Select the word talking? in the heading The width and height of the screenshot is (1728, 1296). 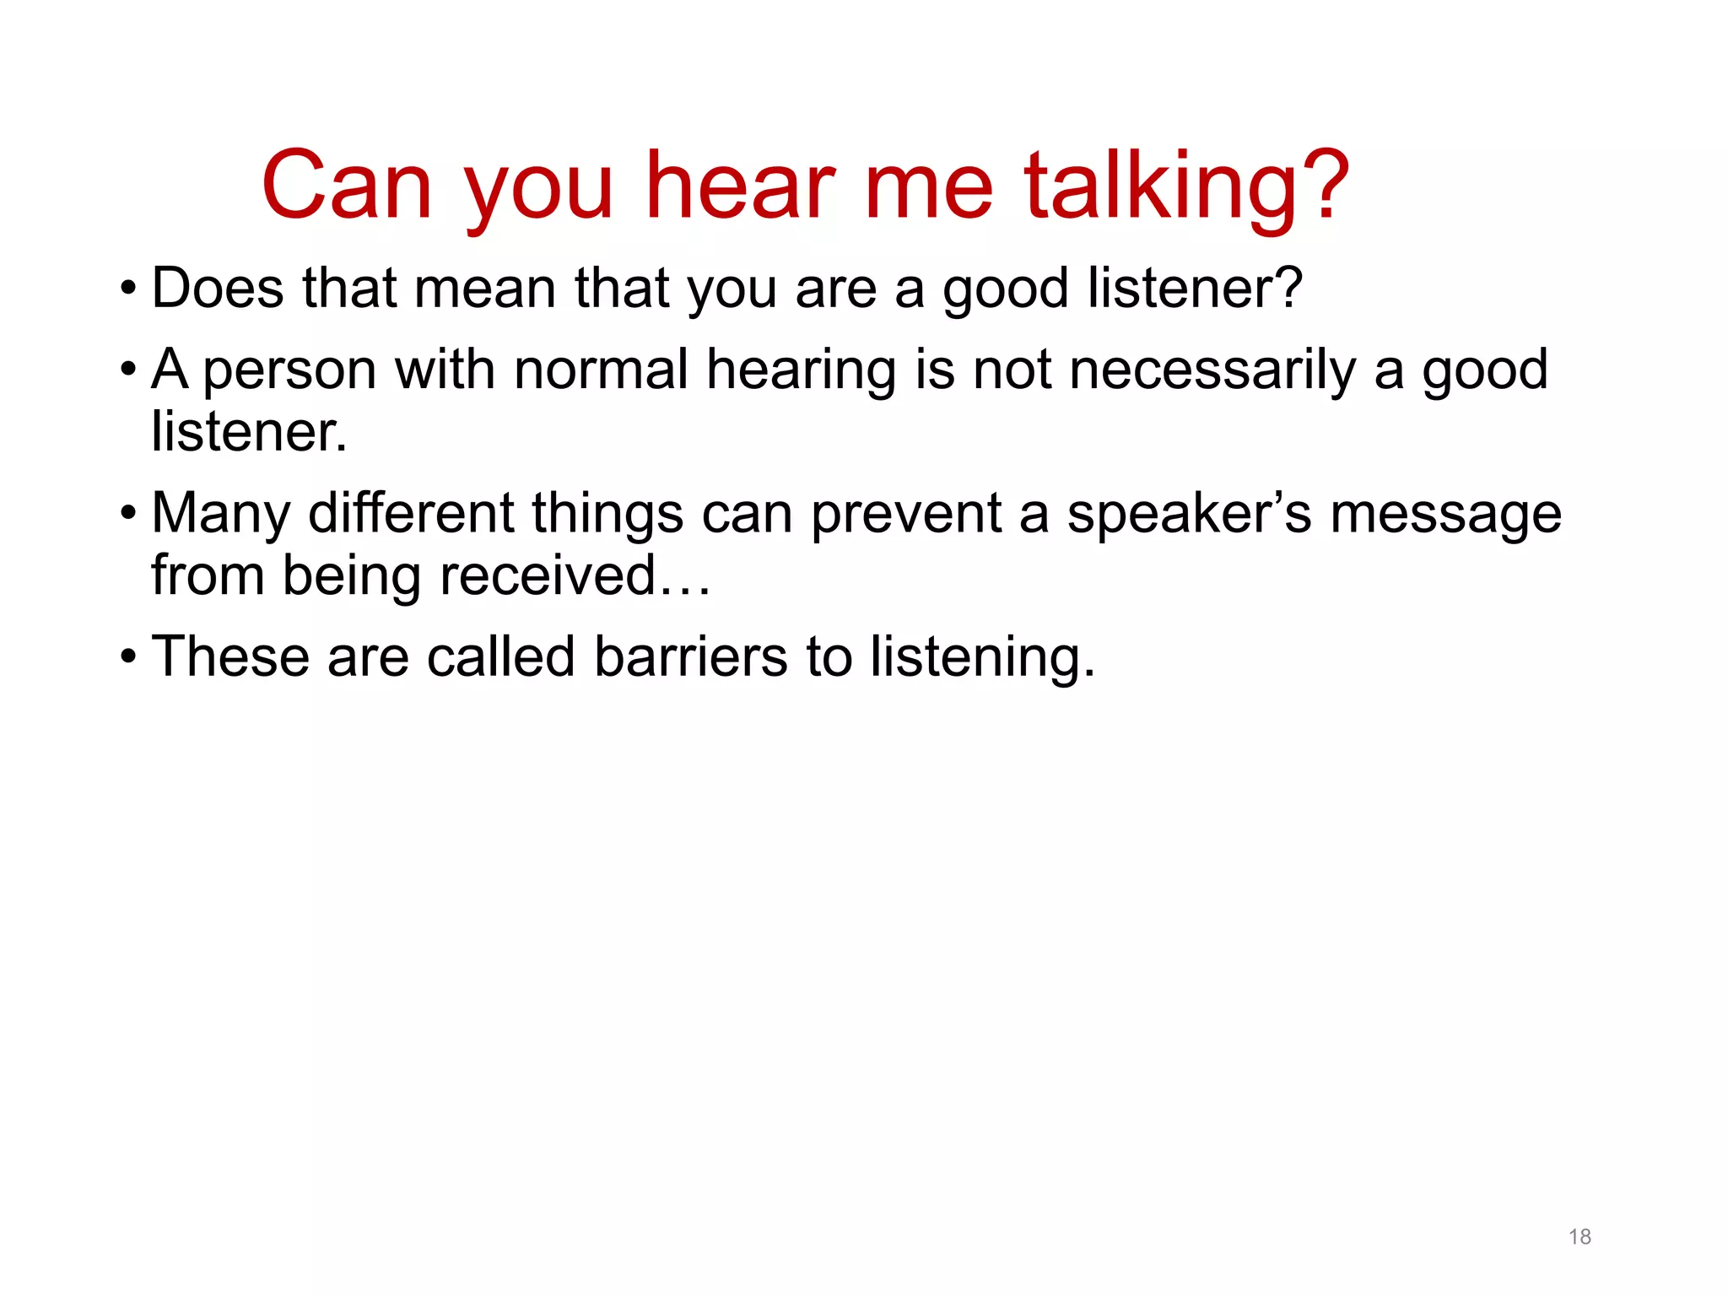click(x=1186, y=187)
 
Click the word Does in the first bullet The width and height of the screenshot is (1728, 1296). click(x=218, y=289)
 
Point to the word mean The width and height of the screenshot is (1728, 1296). click(x=485, y=289)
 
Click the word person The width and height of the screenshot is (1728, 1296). click(x=289, y=371)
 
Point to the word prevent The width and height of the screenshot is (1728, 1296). click(x=906, y=515)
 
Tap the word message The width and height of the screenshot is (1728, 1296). click(x=1445, y=515)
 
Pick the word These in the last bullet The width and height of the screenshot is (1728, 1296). click(x=229, y=657)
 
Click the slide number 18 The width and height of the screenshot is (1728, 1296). click(x=1579, y=1237)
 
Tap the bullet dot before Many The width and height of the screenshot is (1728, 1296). click(x=127, y=513)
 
